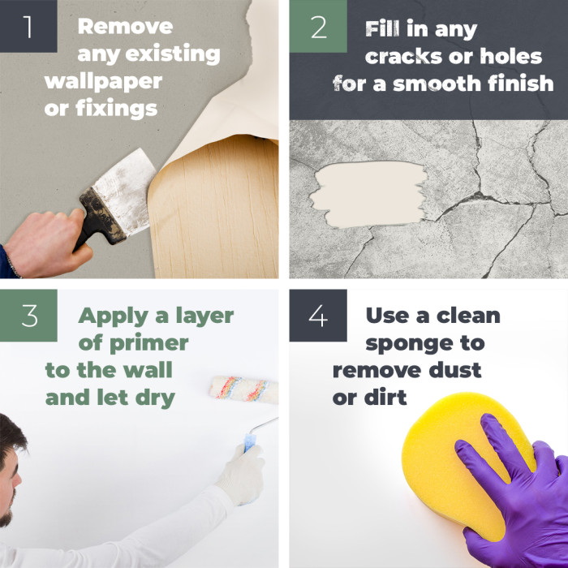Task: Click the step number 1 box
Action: pos(29,26)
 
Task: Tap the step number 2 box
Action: pos(318,26)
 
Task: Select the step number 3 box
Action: pos(29,315)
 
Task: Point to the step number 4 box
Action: pos(318,315)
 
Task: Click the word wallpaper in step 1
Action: pos(103,82)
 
